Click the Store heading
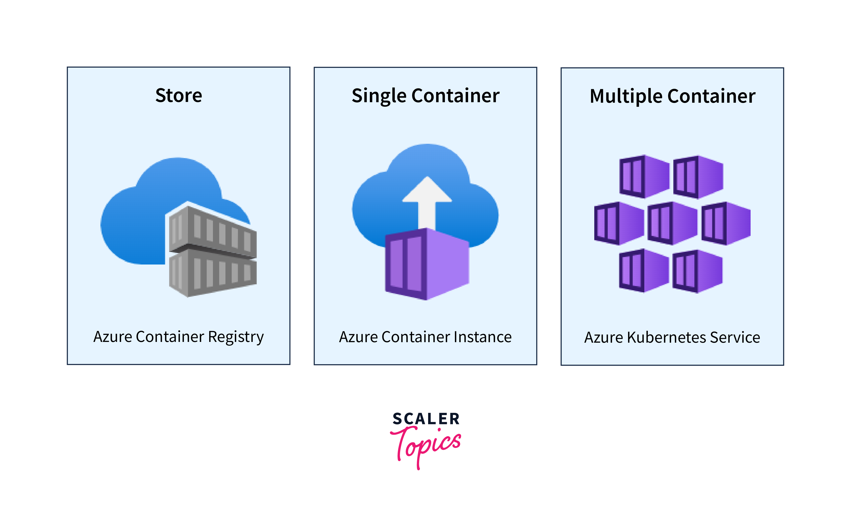pyautogui.click(x=179, y=95)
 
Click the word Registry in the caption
pyautogui.click(x=236, y=337)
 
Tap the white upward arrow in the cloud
pyautogui.click(x=427, y=201)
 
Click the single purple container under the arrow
pyautogui.click(x=427, y=265)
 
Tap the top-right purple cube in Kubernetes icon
pyautogui.click(x=698, y=177)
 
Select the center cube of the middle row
pyautogui.click(x=672, y=223)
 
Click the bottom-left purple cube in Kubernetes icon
pyautogui.click(x=644, y=271)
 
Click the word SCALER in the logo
pyautogui.click(x=426, y=419)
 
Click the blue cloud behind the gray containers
pyautogui.click(x=138, y=225)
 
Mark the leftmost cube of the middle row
pyautogui.click(x=619, y=223)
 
